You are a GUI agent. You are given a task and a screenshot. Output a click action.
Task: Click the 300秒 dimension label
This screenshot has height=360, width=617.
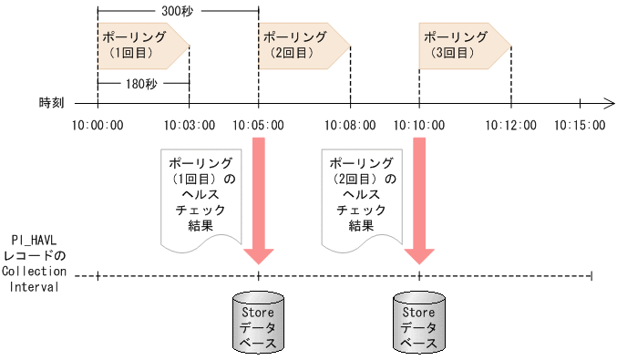178,12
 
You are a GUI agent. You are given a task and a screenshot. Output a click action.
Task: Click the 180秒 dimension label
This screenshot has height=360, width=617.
142,83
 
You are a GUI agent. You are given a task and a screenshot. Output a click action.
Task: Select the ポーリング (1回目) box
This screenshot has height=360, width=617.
139,45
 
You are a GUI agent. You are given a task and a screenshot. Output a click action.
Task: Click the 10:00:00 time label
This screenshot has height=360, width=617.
98,125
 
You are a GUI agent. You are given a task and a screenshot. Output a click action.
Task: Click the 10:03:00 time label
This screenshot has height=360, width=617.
190,125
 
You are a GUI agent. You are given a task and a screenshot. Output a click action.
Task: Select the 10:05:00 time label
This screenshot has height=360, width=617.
259,125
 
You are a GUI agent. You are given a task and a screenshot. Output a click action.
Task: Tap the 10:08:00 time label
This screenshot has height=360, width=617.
350,125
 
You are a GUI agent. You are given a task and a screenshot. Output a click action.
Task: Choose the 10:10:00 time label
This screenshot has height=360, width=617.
419,125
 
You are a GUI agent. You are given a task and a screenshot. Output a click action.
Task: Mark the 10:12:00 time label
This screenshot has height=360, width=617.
510,125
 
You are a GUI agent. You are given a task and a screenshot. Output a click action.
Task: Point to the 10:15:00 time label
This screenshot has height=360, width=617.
579,125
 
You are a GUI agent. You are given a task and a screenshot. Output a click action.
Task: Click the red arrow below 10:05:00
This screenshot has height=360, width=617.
259,196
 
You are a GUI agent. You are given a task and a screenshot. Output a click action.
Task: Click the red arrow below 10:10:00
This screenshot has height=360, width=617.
419,196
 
